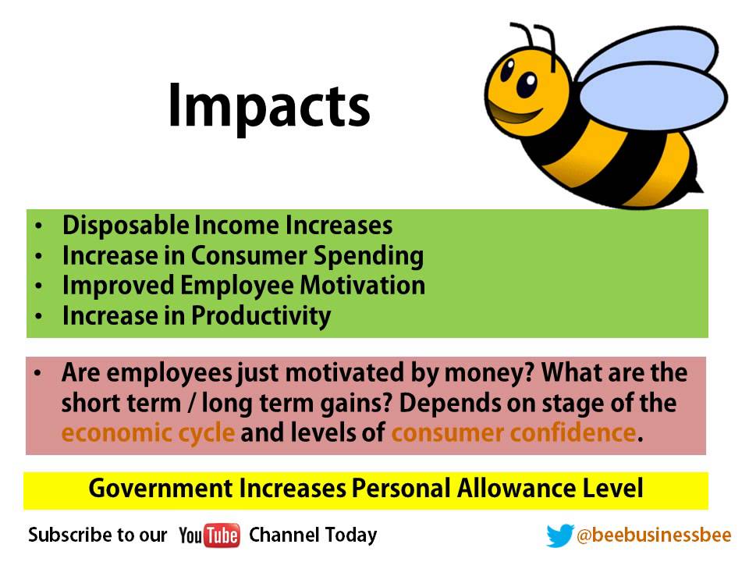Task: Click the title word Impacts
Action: click(x=268, y=106)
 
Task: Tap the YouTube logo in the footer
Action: click(x=209, y=535)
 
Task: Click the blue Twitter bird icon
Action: click(x=559, y=535)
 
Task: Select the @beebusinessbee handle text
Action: click(x=654, y=535)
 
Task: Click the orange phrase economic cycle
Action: click(x=147, y=432)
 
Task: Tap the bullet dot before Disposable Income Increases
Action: click(x=39, y=226)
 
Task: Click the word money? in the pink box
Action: click(x=489, y=373)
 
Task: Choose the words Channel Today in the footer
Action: click(x=313, y=535)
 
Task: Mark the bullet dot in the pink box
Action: click(x=39, y=374)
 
